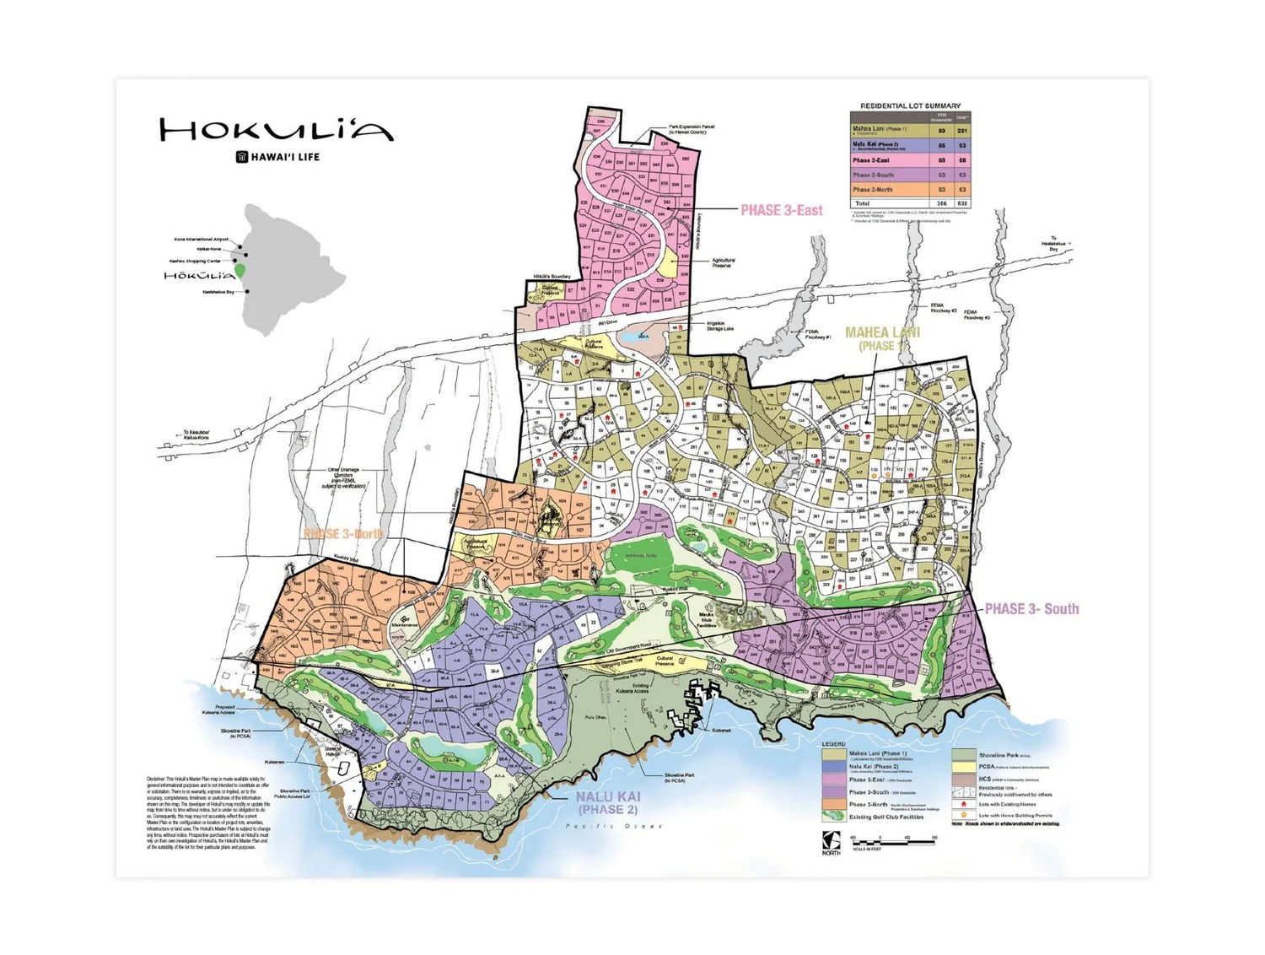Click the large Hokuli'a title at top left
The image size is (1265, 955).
277,130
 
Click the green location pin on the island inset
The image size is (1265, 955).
240,271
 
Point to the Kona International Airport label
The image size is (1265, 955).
201,240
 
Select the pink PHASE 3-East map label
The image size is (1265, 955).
781,210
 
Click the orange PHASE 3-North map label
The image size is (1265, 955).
342,534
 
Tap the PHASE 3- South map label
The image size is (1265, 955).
1031,609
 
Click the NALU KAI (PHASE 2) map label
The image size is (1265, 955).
608,802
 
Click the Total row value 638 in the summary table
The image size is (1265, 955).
961,203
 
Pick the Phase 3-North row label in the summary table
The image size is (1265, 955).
871,190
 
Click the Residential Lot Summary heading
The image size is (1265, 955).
910,105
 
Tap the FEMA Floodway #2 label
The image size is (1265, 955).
943,308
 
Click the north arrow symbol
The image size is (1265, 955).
831,840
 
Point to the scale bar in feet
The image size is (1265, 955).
893,842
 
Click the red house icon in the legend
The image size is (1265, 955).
963,804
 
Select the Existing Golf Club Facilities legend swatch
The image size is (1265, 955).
833,817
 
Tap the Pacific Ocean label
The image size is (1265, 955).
613,826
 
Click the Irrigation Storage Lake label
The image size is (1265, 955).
719,326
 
